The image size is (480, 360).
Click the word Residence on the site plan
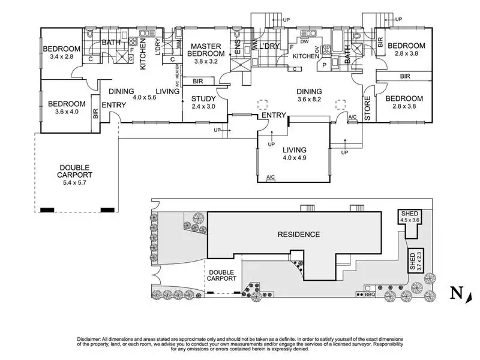click(x=298, y=234)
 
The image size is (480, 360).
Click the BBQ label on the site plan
click(x=370, y=295)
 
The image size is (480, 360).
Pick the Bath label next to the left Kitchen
click(x=112, y=43)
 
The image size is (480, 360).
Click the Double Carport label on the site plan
click(x=222, y=277)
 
